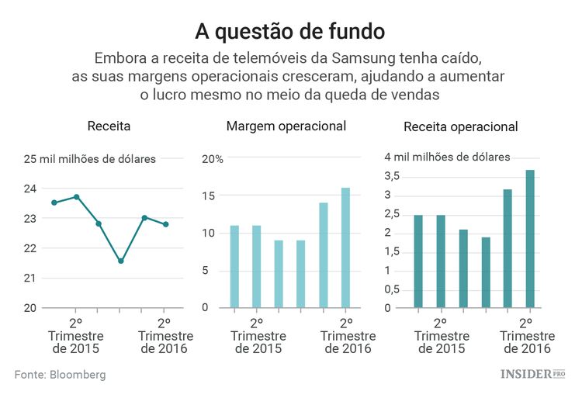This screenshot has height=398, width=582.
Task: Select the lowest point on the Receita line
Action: [x=121, y=261]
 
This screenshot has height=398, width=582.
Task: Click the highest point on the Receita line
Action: [x=76, y=197]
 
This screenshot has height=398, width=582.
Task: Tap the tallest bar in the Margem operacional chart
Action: [x=346, y=247]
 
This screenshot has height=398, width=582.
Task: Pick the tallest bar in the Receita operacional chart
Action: [x=531, y=238]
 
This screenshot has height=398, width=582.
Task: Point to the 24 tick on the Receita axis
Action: [x=29, y=189]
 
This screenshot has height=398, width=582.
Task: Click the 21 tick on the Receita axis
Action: [x=29, y=278]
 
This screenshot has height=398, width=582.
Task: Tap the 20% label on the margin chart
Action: [x=213, y=159]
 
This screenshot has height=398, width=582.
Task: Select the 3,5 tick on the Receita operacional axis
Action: [x=392, y=176]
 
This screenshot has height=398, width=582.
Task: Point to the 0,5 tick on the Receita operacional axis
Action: [x=392, y=289]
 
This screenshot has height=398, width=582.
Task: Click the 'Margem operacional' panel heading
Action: [x=286, y=126]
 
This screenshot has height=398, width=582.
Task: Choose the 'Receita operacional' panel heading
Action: [x=461, y=127]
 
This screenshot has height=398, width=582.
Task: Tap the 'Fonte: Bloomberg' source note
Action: [x=60, y=375]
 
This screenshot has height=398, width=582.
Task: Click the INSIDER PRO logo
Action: [x=532, y=375]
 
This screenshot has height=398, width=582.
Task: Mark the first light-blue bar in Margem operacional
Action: [x=234, y=266]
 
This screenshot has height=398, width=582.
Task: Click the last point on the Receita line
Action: [x=166, y=224]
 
